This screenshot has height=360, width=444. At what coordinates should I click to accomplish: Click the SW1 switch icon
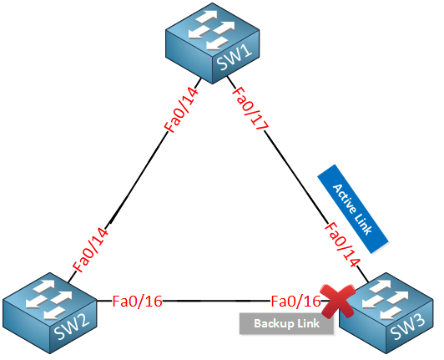(213, 43)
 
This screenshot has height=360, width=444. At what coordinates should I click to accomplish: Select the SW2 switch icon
(50, 313)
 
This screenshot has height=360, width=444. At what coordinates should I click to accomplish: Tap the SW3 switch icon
(386, 313)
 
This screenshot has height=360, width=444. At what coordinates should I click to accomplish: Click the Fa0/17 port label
(250, 109)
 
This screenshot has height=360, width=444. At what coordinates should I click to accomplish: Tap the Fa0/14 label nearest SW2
(90, 250)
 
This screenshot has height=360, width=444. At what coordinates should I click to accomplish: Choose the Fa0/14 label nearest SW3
(342, 245)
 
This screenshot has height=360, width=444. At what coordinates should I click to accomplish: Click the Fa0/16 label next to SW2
(137, 301)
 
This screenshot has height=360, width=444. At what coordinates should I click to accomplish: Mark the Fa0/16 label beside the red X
(295, 301)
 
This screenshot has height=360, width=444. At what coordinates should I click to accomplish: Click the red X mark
(337, 301)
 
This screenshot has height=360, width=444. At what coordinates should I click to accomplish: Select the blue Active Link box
(353, 209)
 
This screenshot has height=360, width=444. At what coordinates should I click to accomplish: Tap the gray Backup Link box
(286, 323)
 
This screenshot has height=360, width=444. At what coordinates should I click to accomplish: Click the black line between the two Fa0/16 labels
(216, 301)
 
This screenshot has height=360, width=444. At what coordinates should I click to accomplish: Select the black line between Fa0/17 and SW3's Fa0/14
(296, 177)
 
